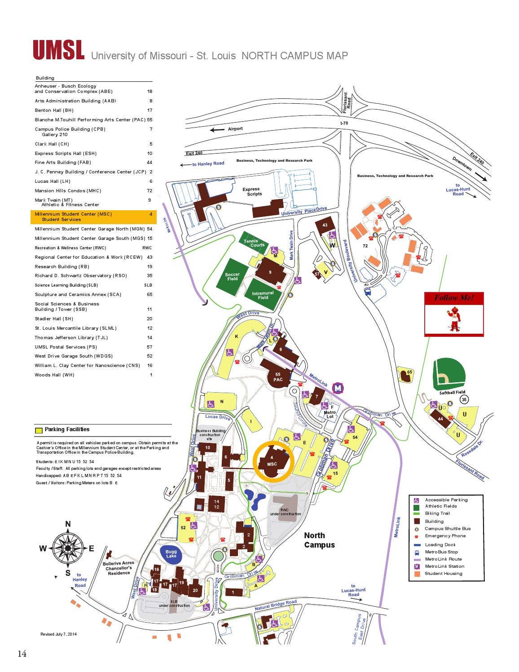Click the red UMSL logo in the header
tap(58, 50)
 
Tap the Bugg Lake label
tap(171, 554)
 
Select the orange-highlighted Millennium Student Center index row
tap(93, 217)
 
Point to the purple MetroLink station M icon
tap(338, 388)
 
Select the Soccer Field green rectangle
tap(232, 275)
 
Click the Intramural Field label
tap(263, 295)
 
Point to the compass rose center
tap(68, 548)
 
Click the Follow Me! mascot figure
tap(454, 319)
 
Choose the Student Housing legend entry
tap(443, 574)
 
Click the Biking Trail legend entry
tap(437, 513)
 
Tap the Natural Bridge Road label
tap(276, 605)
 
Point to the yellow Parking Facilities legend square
tap(39, 430)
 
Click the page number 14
tap(22, 654)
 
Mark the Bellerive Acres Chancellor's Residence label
tap(119, 568)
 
